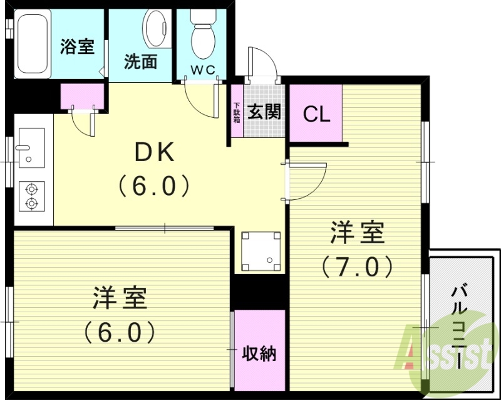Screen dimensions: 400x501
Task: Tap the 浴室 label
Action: (x=78, y=48)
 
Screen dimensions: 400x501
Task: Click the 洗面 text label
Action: (x=140, y=63)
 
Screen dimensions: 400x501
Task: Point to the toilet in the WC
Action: (x=203, y=34)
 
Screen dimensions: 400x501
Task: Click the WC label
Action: (x=203, y=70)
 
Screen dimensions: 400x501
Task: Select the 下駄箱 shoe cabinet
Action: (x=237, y=113)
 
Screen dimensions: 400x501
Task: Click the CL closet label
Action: (x=316, y=114)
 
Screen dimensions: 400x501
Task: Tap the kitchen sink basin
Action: (x=31, y=147)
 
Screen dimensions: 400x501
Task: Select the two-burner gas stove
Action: (x=31, y=194)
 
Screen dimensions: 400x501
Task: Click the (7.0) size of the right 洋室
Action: (x=357, y=266)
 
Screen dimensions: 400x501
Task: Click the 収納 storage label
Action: (x=259, y=354)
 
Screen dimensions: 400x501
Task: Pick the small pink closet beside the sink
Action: (x=79, y=97)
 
